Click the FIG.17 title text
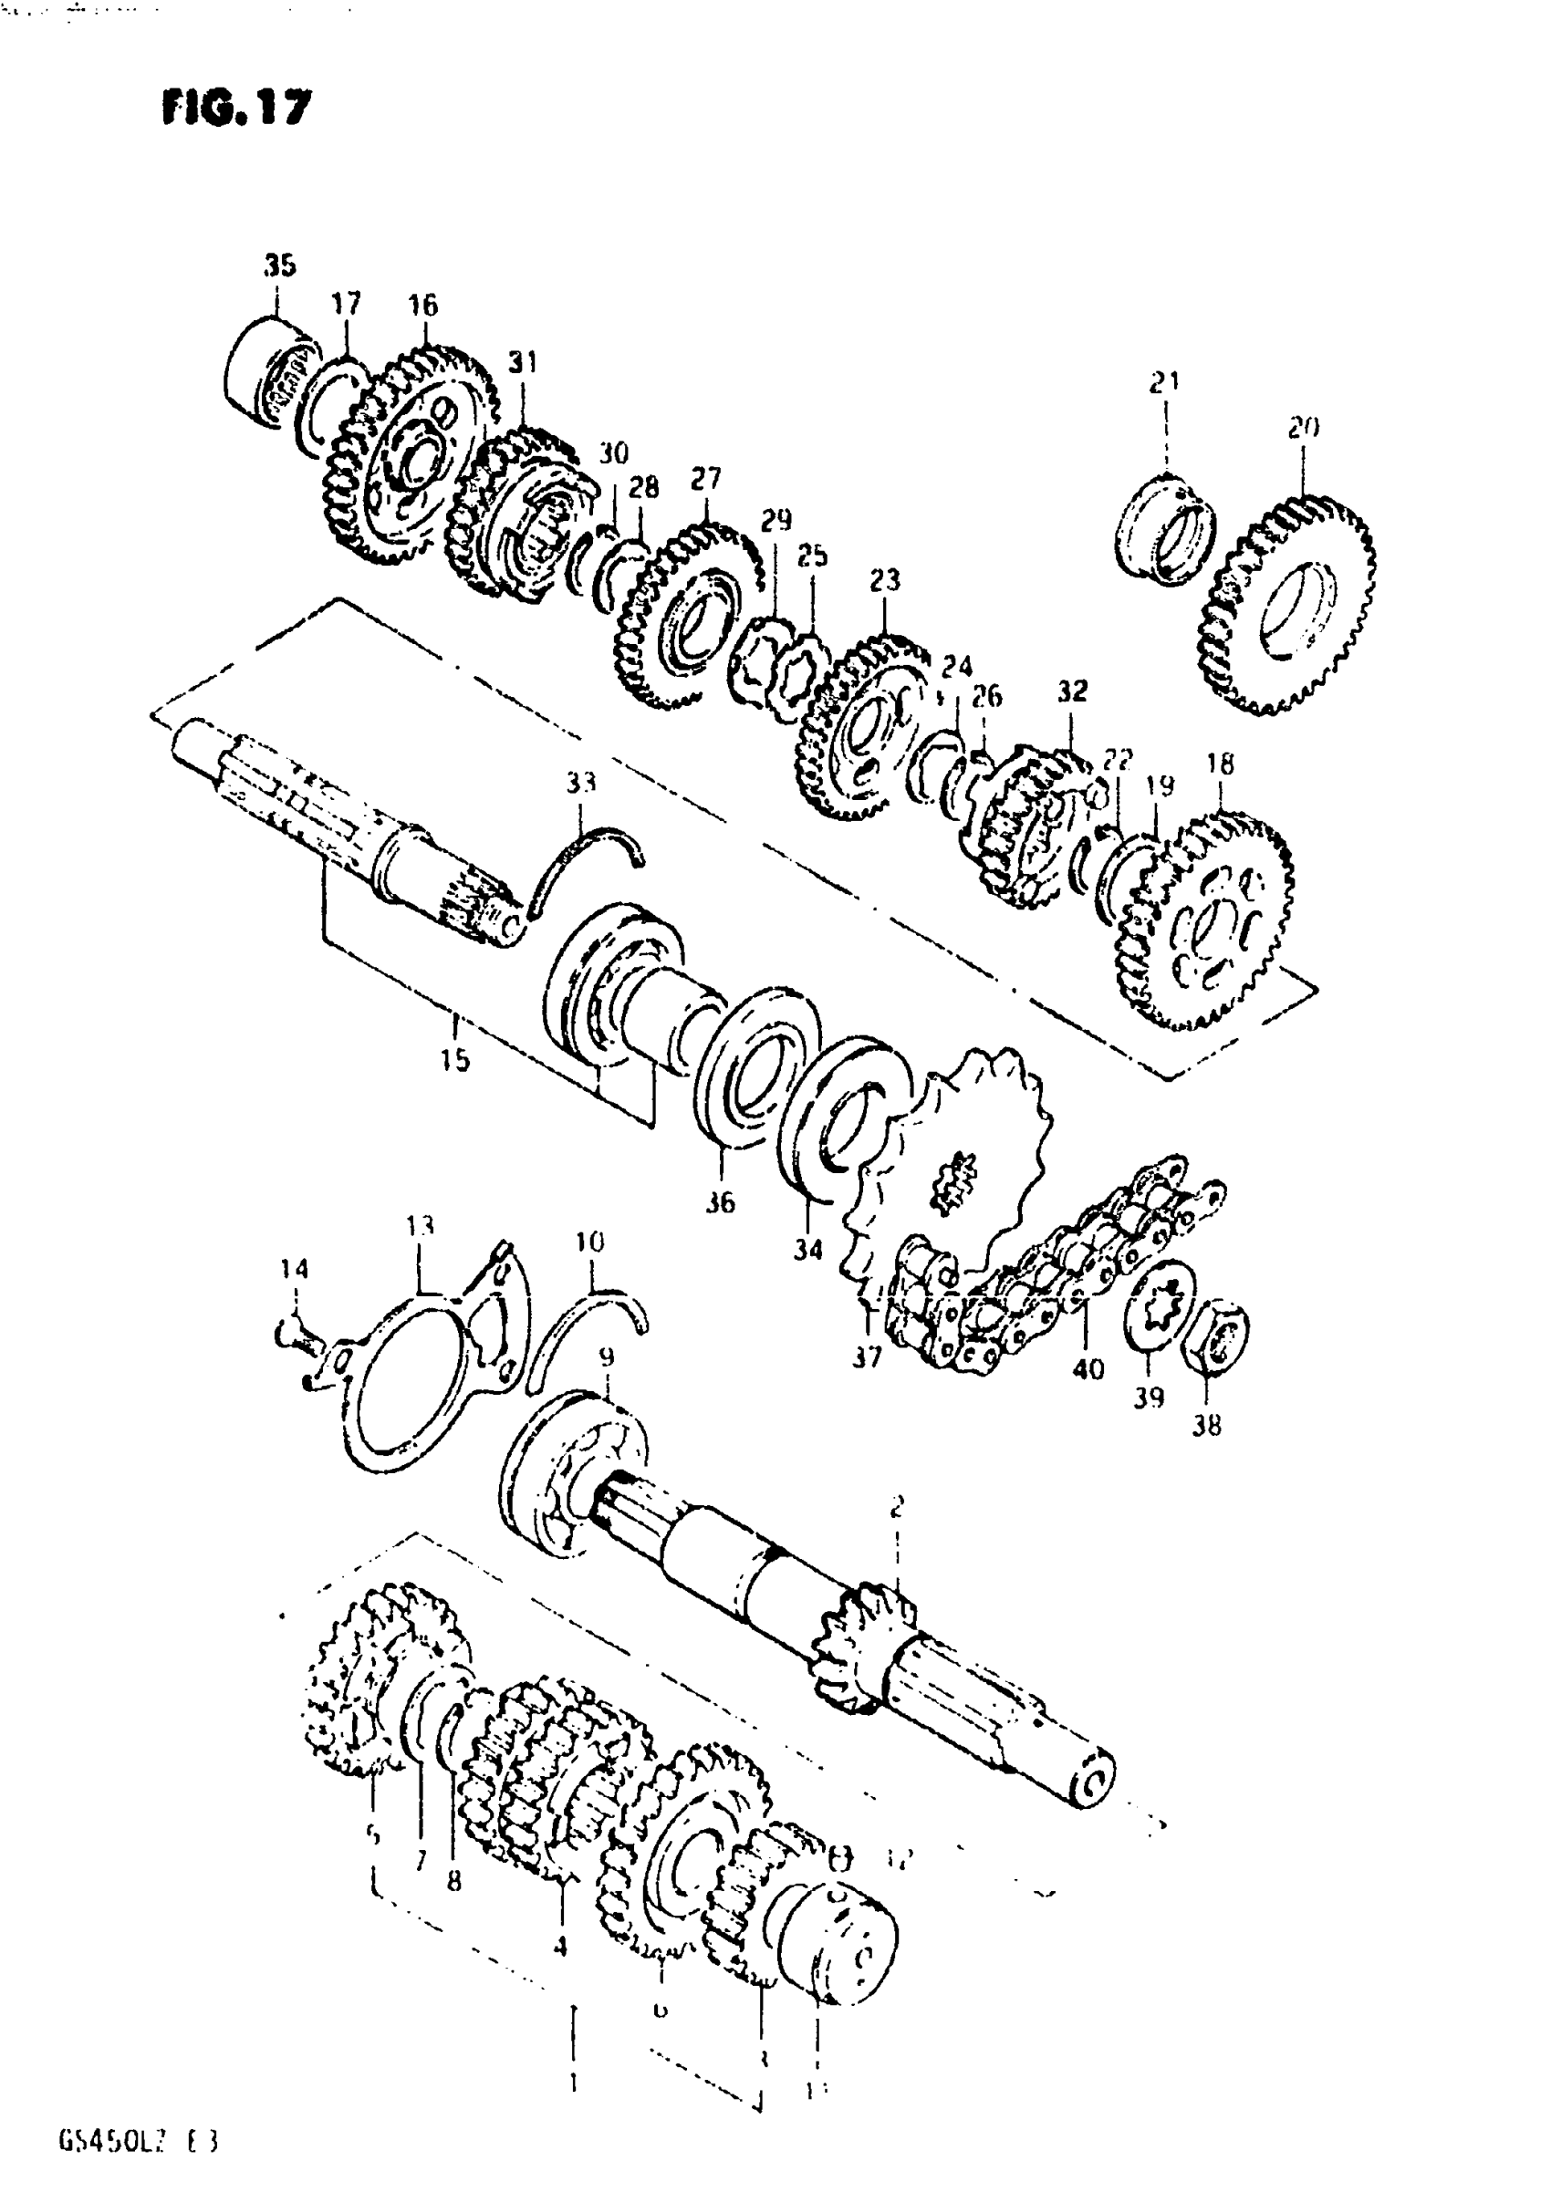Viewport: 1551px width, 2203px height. [x=236, y=109]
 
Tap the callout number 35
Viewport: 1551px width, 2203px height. [x=279, y=265]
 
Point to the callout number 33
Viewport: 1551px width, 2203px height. [x=579, y=783]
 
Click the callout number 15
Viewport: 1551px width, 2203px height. [x=456, y=1059]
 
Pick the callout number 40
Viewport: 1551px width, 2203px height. [x=1088, y=1368]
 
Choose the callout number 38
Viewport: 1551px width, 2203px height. [x=1206, y=1426]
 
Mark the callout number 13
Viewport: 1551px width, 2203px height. [x=420, y=1226]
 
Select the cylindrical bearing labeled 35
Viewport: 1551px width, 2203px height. [x=272, y=377]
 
